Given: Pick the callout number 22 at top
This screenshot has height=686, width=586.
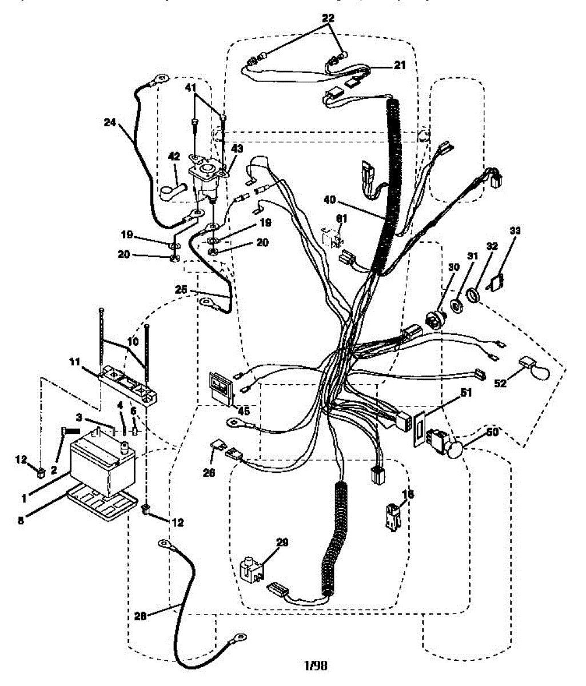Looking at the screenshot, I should tap(328, 18).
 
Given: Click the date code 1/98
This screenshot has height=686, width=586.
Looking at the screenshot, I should tap(316, 666).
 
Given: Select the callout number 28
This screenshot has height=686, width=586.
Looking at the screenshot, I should tap(141, 615).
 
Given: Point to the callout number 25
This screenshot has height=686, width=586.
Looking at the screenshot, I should tap(181, 290).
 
